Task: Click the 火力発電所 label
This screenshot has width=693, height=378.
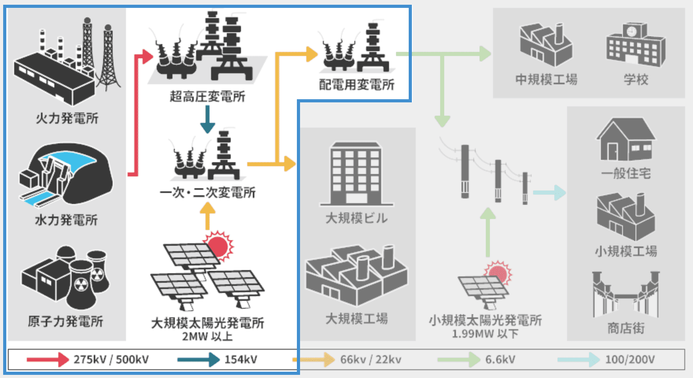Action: point(67,118)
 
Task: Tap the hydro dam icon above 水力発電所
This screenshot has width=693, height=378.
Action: point(66,175)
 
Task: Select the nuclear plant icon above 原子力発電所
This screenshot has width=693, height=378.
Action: point(66,278)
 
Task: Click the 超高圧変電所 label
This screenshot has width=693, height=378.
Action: point(208,96)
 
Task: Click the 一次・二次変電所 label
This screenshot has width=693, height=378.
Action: point(208,193)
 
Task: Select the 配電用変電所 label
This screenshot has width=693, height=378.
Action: point(357,85)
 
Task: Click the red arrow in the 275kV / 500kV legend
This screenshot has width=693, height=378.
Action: point(47,359)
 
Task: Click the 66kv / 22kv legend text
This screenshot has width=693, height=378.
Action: point(371,359)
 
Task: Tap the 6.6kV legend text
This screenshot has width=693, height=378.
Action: point(500,359)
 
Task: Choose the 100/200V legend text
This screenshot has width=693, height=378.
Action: point(630,359)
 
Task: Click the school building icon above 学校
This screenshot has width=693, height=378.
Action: point(636,45)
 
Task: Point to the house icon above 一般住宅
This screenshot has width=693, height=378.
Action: point(626,140)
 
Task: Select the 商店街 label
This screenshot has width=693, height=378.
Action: point(626,328)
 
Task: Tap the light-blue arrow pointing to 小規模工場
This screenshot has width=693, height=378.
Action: point(550,193)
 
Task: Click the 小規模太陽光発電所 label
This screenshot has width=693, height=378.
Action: point(485,320)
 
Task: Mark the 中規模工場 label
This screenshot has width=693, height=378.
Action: point(546,80)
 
